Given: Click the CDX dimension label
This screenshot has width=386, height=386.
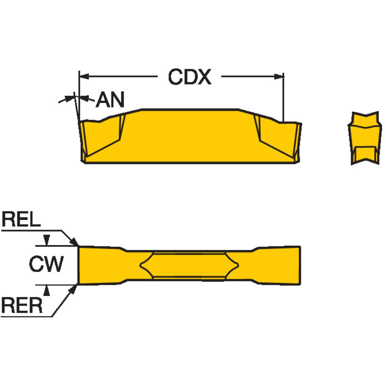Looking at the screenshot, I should coord(190,77).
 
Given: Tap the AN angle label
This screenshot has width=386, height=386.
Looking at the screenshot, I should coord(110,100).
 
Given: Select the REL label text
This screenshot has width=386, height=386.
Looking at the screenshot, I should coord(21,219).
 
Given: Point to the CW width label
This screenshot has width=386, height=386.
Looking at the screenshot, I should coord(46,264).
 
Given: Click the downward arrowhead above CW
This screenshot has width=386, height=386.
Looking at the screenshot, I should coord(47,240).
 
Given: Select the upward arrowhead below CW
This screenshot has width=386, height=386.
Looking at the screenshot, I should coord(47,290).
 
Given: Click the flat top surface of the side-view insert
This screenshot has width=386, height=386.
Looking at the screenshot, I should coord(190,110).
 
